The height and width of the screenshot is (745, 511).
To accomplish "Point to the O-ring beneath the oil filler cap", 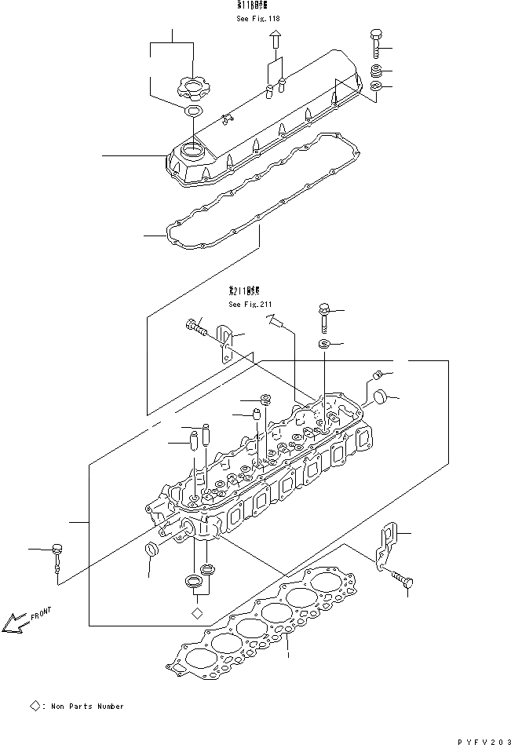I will point(192,111).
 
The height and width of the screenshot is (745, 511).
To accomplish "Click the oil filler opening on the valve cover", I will point(193,148).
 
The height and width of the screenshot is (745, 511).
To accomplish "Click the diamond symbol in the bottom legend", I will point(35,707).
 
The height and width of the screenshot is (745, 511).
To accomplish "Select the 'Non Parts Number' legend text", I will point(87,707).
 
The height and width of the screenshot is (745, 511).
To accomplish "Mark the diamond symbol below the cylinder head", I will point(197,612).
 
